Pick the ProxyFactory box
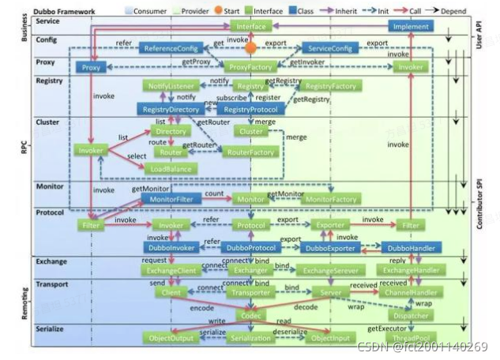(250, 68)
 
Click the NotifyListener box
(167, 84)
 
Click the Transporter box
(250, 292)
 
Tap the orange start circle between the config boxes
(251, 47)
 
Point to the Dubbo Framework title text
(66, 10)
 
